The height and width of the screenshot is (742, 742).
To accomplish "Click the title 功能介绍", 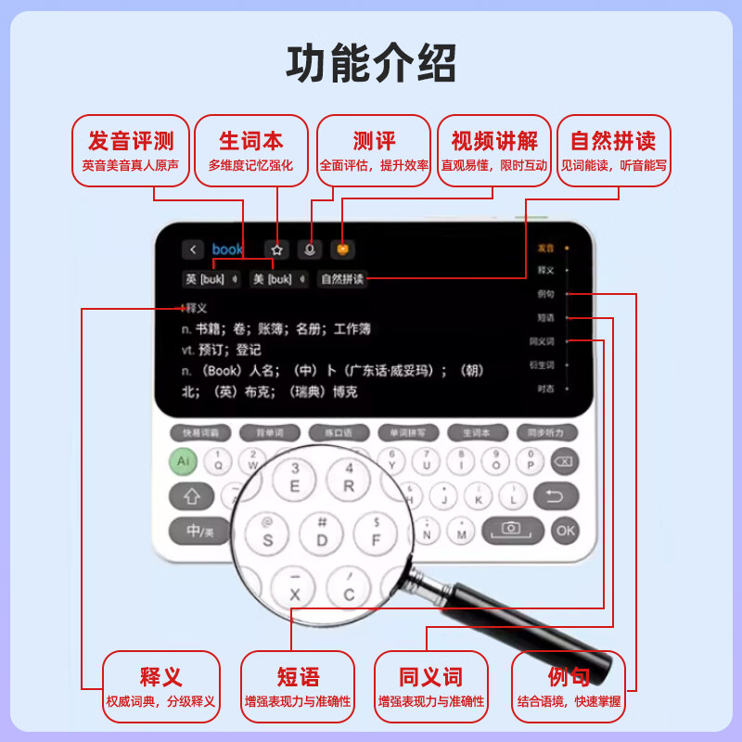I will tap(371, 64).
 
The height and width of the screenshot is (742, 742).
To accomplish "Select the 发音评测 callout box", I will tap(131, 150).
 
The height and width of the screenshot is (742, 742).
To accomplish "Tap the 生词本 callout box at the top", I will tap(250, 150).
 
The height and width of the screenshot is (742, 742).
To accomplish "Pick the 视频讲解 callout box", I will tap(493, 150).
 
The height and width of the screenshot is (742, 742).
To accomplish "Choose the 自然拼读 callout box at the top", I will tap(613, 150).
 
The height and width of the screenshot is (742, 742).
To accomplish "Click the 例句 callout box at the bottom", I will tap(569, 686).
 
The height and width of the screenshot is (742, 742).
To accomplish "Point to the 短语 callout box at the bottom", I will tap(298, 686).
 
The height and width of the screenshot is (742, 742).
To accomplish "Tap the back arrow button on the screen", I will tap(193, 249).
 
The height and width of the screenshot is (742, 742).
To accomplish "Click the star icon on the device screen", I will tap(276, 249).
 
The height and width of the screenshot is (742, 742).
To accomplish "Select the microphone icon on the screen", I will tap(311, 249).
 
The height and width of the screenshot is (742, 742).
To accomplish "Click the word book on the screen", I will tap(227, 249).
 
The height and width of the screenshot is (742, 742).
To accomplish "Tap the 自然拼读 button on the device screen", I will tap(342, 279).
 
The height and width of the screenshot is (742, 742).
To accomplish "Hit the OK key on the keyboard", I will tap(564, 530).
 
